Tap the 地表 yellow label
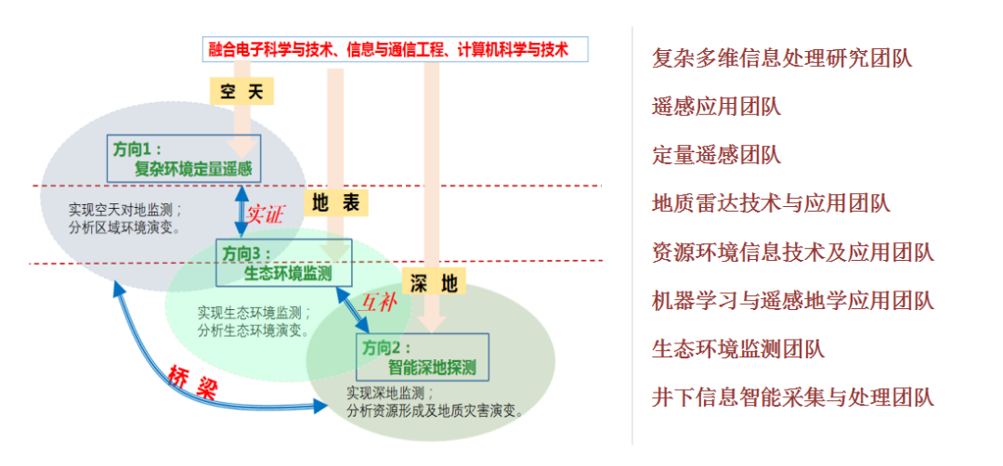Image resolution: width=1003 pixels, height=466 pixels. pos(336,202)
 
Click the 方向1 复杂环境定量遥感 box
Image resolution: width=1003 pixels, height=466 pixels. pos(184,158)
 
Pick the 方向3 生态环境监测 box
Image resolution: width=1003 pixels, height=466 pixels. pos(284,263)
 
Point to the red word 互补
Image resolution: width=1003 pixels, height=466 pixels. pos(380,302)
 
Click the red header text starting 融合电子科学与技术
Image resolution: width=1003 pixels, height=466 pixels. pos(395,48)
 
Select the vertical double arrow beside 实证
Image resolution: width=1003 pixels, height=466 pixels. pos(241,210)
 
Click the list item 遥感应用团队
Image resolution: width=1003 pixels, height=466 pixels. pos(716,106)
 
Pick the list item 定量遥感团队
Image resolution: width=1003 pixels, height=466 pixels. pos(716,154)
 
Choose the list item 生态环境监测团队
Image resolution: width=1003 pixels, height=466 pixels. pos(738,349)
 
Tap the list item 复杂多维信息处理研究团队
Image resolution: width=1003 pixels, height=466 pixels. pos(782,58)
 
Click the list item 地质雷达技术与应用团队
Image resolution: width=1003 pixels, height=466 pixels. pos(771,202)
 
